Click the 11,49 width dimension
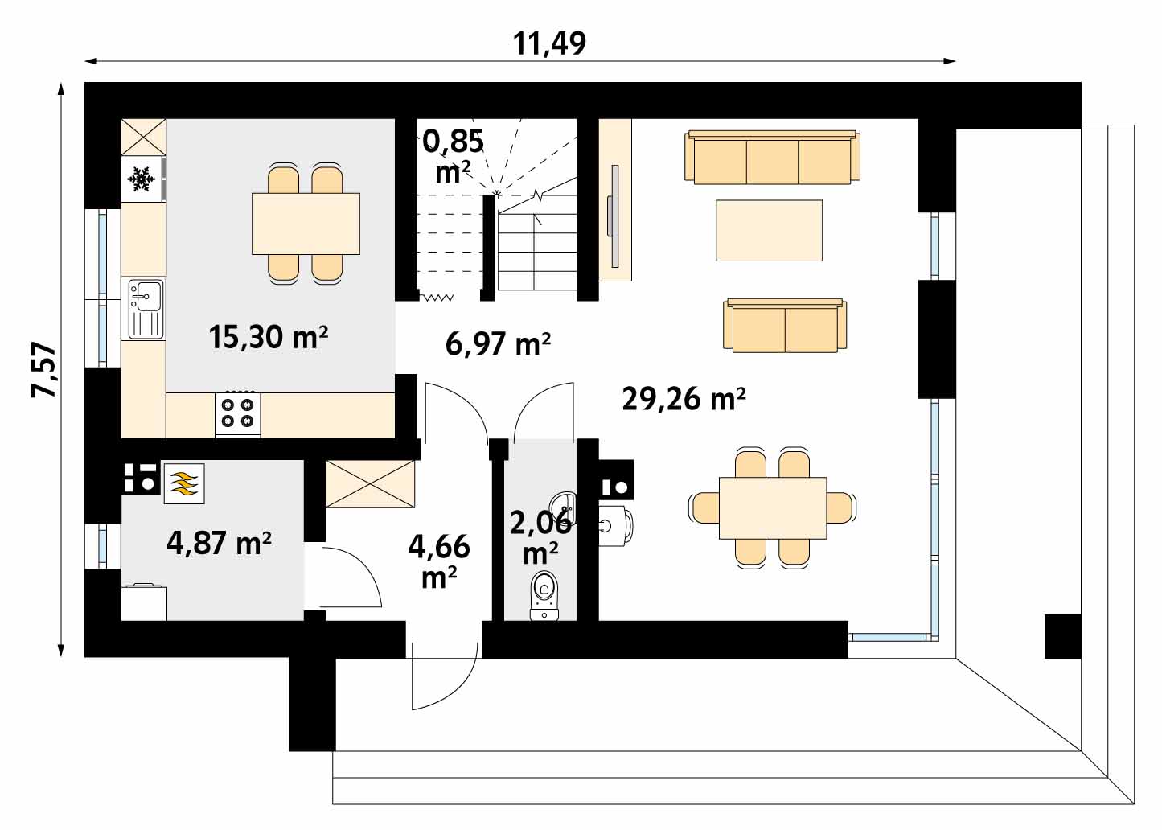tap(549, 43)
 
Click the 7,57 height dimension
tap(43, 369)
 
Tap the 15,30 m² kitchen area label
tap(269, 337)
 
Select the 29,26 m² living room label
tap(684, 400)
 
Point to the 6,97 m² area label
tap(498, 344)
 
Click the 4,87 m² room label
tap(219, 543)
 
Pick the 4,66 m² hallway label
tap(439, 561)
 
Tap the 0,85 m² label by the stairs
tap(453, 156)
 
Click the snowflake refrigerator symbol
tap(141, 179)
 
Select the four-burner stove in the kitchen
tap(238, 413)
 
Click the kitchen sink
tap(144, 309)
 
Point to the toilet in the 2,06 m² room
tap(544, 596)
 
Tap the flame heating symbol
tap(184, 483)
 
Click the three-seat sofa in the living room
tap(772, 157)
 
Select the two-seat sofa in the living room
tap(785, 325)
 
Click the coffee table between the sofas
tap(769, 230)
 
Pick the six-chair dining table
tap(773, 508)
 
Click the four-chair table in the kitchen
tap(306, 224)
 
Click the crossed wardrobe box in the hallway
tap(371, 484)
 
